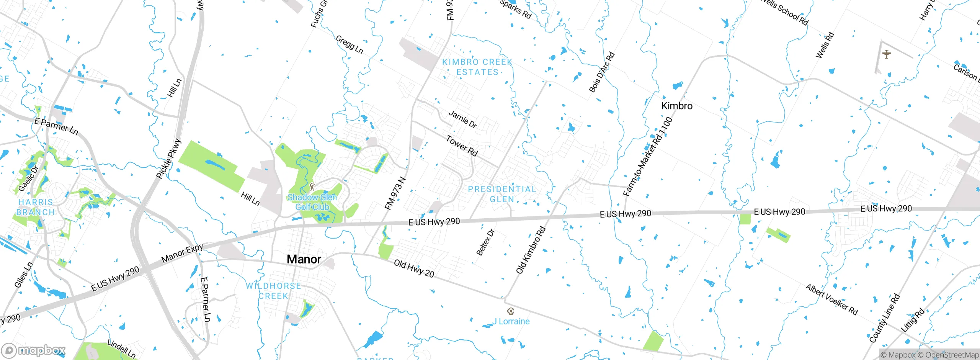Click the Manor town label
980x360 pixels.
304,259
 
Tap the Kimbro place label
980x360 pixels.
677,106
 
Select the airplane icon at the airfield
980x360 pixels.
886,54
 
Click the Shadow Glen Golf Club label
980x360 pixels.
312,202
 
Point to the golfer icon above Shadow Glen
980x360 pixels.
312,187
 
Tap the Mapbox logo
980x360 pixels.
34,350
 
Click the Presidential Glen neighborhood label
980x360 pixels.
502,194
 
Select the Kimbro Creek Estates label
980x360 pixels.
477,67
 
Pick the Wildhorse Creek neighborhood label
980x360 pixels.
273,291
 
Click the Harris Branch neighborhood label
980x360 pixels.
36,207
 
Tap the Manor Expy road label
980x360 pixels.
182,254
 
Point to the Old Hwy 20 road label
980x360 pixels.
414,268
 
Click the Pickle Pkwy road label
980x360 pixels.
168,159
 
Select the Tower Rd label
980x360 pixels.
462,146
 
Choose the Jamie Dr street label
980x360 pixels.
462,119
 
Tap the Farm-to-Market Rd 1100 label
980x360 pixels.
648,157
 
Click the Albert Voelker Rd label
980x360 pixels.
831,299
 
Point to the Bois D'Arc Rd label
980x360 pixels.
601,72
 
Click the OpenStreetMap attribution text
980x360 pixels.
952,355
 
